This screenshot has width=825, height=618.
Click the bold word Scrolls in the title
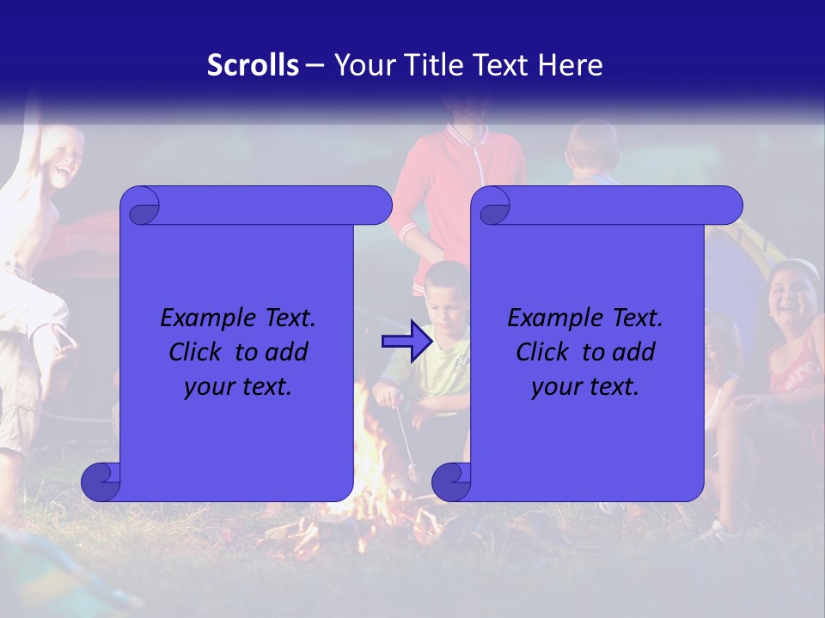point(254,65)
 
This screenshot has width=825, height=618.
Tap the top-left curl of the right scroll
point(492,207)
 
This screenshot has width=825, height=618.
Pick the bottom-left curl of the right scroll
point(451,482)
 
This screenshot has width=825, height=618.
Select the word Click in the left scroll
point(195,352)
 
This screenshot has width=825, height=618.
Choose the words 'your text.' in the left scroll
point(238,386)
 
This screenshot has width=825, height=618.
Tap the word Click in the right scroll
point(542,352)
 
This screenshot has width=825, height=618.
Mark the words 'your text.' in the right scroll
point(585,386)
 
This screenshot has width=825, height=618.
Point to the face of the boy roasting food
point(445,296)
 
